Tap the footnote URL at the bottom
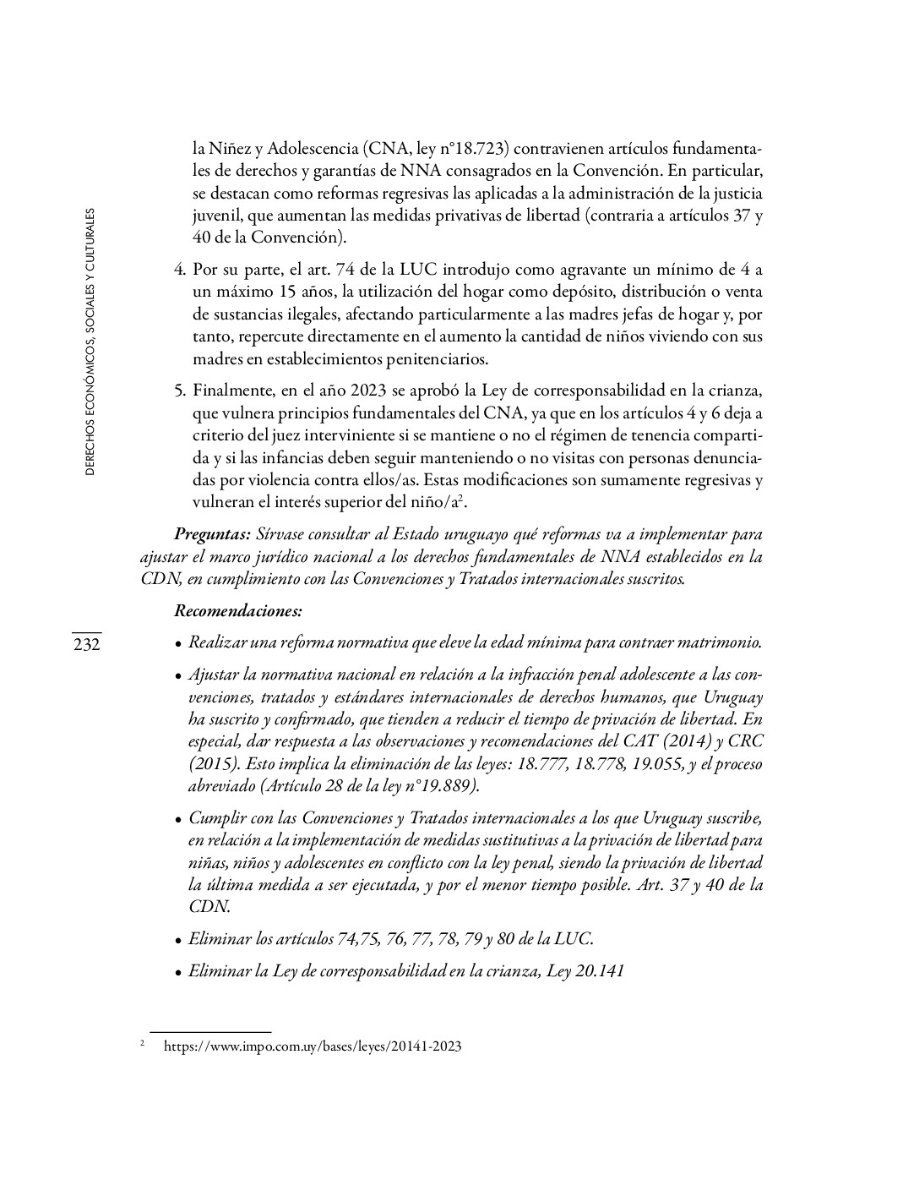point(312,1046)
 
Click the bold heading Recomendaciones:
point(237,609)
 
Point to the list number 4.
point(179,270)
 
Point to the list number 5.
point(179,391)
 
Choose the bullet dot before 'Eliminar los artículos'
point(178,940)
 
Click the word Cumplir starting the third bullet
point(215,818)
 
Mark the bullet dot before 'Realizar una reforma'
point(178,644)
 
